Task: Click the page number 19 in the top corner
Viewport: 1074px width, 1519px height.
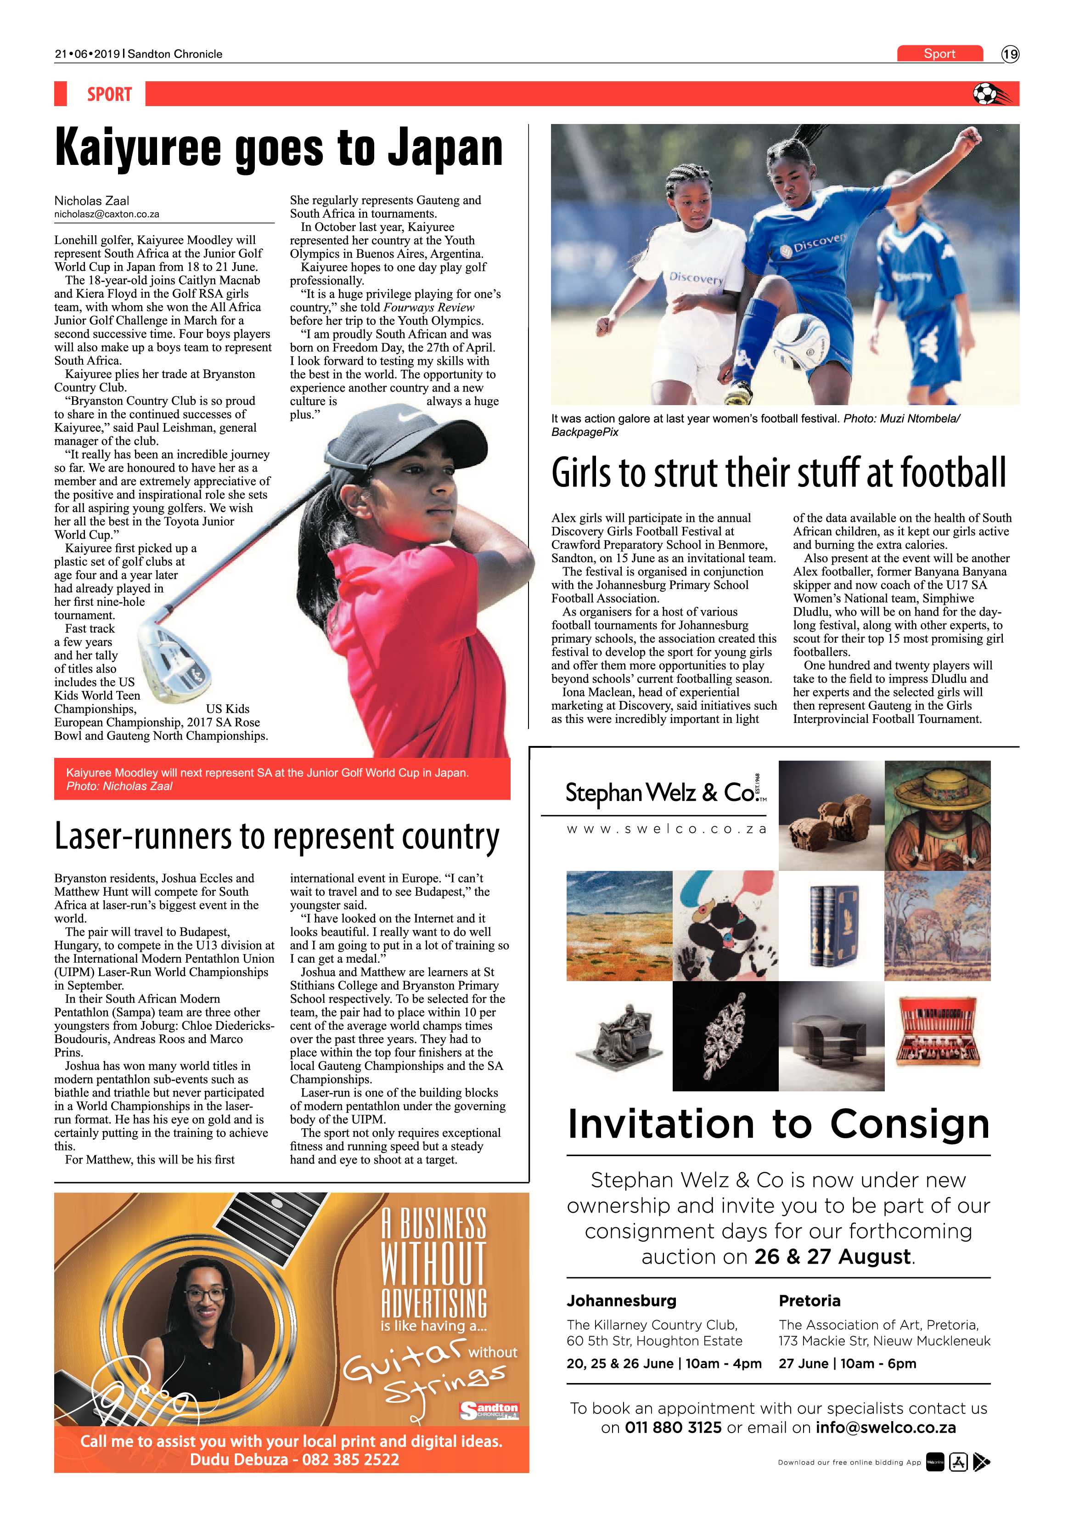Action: [1010, 54]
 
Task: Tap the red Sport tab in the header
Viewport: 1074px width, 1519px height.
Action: [939, 54]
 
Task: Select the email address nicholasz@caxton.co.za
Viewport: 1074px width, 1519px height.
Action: [107, 215]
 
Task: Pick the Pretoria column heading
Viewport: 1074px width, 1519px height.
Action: [810, 1301]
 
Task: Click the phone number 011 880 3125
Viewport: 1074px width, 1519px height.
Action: [673, 1428]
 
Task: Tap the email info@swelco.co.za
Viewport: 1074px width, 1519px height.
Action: [886, 1428]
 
